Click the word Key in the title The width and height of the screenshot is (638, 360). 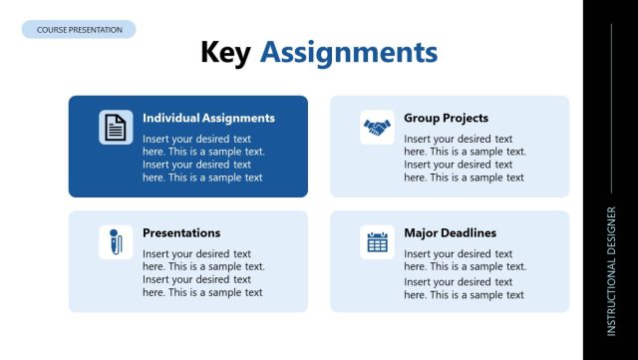[225, 52]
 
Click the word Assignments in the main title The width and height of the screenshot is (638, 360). [348, 52]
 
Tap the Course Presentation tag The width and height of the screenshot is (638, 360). [79, 30]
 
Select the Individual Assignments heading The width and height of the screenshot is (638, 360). [208, 118]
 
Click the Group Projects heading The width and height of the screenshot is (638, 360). [446, 118]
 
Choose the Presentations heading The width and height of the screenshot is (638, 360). [181, 233]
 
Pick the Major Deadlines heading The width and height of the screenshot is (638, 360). [450, 233]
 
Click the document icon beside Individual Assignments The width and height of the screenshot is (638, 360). [116, 127]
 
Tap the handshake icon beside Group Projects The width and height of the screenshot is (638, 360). [377, 127]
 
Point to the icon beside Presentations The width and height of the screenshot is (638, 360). [116, 242]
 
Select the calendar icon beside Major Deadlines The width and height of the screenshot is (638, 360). [377, 242]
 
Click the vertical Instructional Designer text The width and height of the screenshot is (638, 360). [611, 269]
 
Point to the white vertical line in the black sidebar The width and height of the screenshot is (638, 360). [611, 100]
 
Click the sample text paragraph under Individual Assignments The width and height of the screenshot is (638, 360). [203, 159]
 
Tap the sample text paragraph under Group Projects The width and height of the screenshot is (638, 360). [465, 159]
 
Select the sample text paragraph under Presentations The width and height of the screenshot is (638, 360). [203, 273]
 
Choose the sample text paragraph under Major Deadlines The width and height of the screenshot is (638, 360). [465, 273]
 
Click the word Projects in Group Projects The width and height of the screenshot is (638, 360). [467, 118]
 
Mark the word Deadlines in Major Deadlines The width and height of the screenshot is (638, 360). [468, 233]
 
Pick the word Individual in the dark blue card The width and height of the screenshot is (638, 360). [171, 118]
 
